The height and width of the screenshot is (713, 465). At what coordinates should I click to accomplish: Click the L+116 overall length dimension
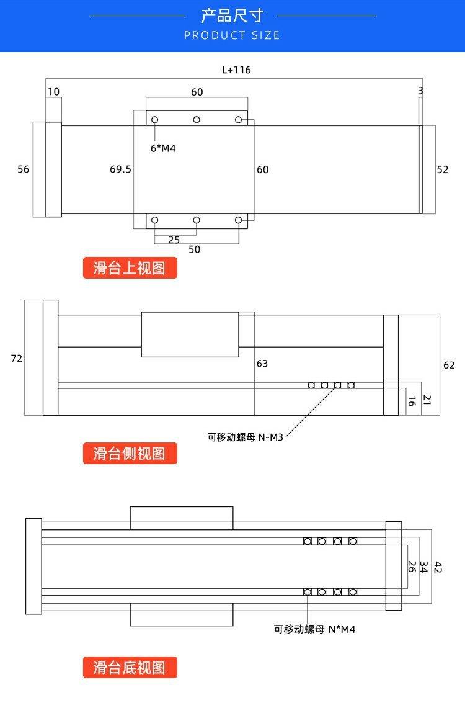tap(236, 70)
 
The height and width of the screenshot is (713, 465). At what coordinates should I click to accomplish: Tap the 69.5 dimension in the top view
tap(120, 169)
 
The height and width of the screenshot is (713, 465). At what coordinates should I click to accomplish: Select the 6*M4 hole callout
tap(163, 148)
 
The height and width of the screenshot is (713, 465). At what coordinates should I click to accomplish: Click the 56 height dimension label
tap(23, 169)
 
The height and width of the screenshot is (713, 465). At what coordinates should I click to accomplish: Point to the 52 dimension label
tap(443, 169)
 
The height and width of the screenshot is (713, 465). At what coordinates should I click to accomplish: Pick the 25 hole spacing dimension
tap(174, 240)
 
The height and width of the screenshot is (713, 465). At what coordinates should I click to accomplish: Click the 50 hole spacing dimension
tap(195, 249)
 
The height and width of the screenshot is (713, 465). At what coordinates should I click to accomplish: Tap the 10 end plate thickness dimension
tap(54, 91)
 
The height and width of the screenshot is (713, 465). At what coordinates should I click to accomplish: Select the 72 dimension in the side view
tap(16, 358)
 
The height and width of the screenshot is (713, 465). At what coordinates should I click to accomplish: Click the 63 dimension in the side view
tap(262, 363)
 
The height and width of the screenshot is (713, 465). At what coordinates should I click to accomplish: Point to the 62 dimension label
tap(449, 365)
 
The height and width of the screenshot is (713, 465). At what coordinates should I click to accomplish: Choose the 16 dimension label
tap(412, 401)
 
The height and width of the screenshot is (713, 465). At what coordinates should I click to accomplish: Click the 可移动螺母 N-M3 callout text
tap(246, 437)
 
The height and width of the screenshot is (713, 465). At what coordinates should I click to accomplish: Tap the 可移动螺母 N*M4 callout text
tap(314, 629)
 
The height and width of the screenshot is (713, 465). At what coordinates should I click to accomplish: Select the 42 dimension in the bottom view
tap(438, 567)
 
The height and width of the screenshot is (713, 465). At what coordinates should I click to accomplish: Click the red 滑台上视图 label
tap(130, 268)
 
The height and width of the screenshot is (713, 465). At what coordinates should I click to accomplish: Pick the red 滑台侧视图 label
tap(130, 454)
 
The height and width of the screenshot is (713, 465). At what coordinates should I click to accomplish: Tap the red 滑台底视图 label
tap(130, 668)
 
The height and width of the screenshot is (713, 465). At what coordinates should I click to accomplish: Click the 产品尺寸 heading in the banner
tap(232, 16)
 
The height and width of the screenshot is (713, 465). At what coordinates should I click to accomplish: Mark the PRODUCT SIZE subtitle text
tap(232, 35)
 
